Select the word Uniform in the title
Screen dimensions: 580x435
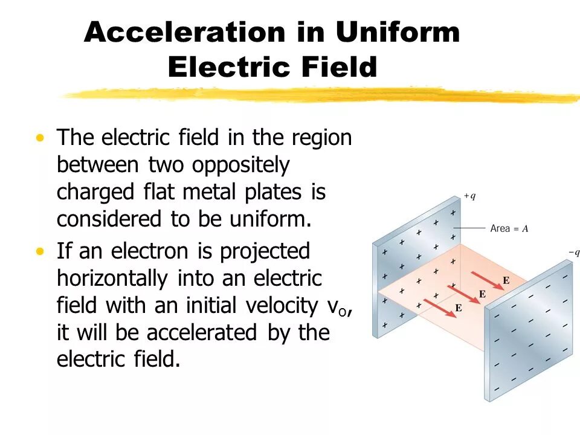(398, 32)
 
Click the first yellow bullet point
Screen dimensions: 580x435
(40, 138)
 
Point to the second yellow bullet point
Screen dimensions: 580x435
(40, 250)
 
